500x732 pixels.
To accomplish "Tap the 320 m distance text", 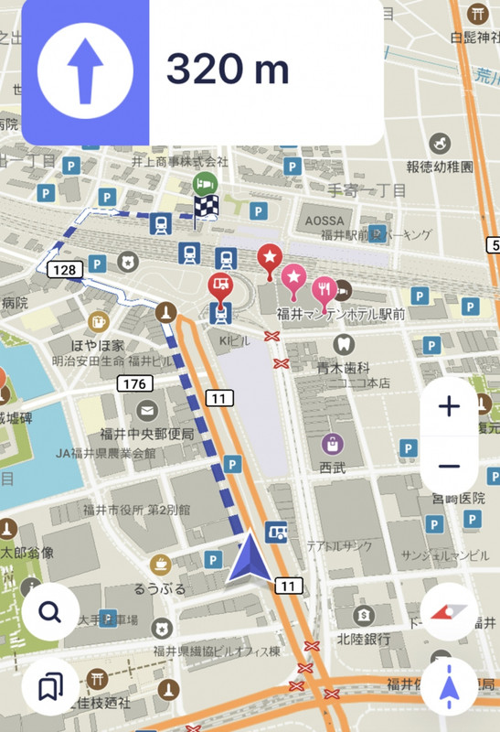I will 228,70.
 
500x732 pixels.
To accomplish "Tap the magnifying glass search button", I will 50,612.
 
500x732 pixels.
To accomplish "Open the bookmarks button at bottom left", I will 50,686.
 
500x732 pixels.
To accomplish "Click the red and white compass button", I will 449,612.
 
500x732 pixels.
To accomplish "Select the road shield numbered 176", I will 133,383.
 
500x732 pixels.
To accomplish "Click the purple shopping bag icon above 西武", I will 333,445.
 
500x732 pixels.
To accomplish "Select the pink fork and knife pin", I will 324,288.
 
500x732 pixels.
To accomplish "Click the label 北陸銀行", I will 364,638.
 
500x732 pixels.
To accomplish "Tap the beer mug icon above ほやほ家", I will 97,321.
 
